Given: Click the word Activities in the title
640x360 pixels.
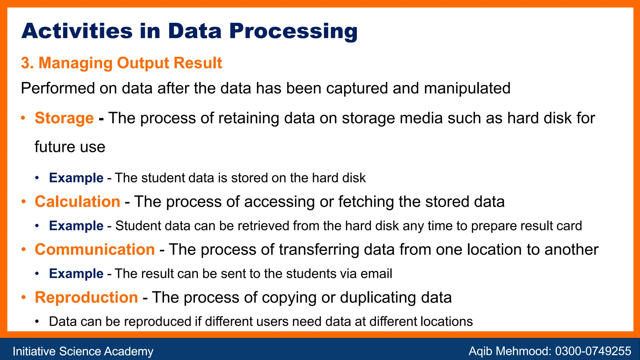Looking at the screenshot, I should [77, 31].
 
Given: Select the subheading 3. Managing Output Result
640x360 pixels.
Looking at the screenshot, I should [121, 63].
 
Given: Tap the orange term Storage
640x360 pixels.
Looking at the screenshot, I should [64, 118].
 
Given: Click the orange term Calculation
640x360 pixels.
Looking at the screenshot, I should [77, 202].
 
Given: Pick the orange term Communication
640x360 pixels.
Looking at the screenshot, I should [95, 249].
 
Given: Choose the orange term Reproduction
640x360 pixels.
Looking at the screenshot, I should [86, 297].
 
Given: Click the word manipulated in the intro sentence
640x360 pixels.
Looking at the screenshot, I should [467, 88].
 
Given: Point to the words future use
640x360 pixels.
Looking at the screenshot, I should [70, 147].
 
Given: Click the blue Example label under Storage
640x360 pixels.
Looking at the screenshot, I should [76, 178].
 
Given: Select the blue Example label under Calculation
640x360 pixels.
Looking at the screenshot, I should [76, 226].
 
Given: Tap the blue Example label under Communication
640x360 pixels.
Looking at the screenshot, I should [76, 273].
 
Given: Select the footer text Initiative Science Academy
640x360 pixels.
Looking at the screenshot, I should [83, 351].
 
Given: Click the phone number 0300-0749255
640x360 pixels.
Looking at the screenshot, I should [593, 351].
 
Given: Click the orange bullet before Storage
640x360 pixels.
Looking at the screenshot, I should [23, 118].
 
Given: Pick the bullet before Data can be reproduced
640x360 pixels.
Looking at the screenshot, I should [37, 322].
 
